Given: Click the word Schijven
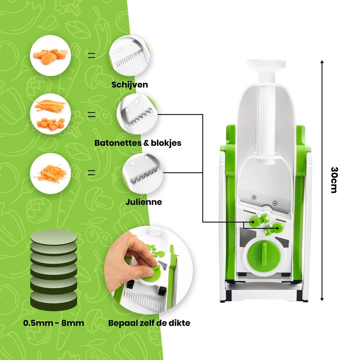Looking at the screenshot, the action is point(130,85).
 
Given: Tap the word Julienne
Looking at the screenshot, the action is point(143,202).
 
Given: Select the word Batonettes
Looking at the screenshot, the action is point(118,143).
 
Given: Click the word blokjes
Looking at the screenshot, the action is point(166,143).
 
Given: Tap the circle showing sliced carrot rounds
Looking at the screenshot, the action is point(50,55).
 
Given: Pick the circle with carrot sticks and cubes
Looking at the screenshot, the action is point(50,114).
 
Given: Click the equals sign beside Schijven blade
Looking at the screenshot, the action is point(91,55).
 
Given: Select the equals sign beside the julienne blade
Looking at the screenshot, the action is point(91,173).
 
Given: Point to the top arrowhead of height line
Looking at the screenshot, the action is point(322,62).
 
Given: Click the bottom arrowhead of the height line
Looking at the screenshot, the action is point(322,299).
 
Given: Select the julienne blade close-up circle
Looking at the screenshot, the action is point(143,173).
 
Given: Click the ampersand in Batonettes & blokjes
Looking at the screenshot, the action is point(146,143).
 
